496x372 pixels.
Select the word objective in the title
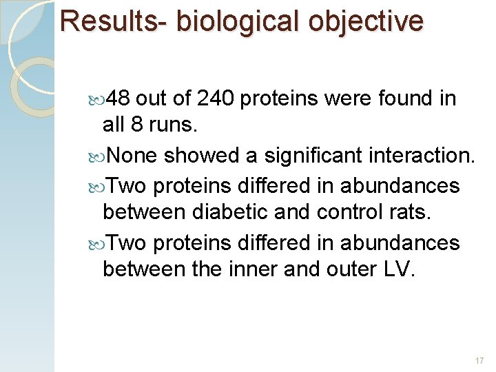click(x=366, y=21)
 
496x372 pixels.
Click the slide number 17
click(x=479, y=361)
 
